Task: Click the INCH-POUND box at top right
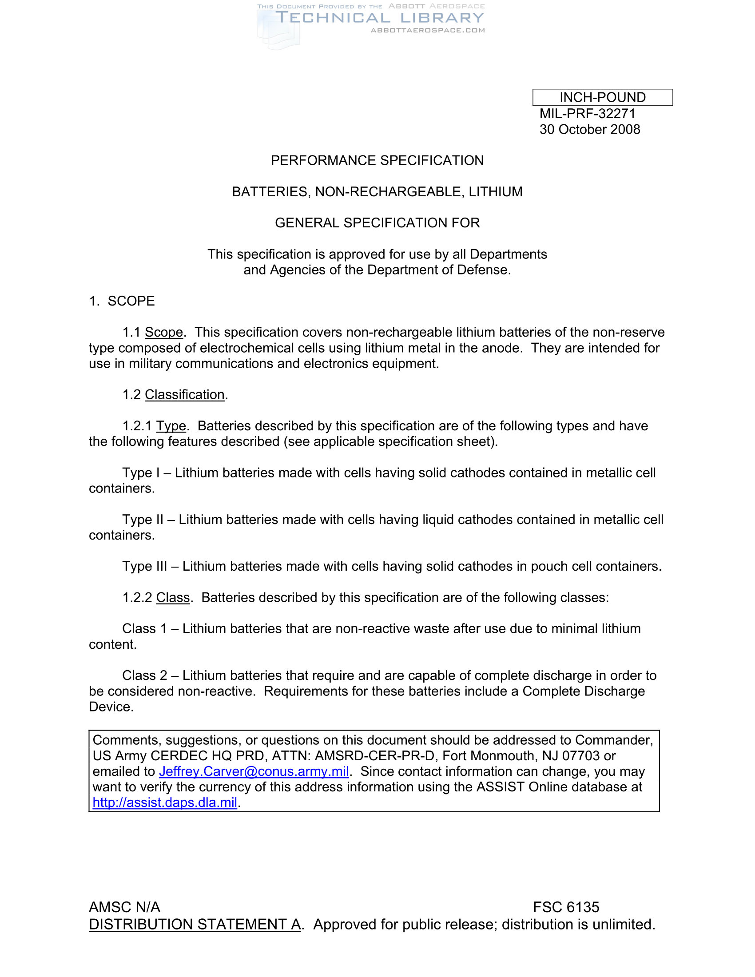pyautogui.click(x=602, y=97)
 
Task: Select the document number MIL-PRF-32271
pyautogui.click(x=587, y=114)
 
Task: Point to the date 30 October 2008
pyautogui.click(x=589, y=129)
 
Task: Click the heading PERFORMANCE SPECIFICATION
pyautogui.click(x=377, y=160)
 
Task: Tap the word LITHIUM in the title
pyautogui.click(x=495, y=191)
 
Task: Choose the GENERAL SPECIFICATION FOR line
pyautogui.click(x=377, y=223)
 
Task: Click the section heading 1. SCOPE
pyautogui.click(x=122, y=301)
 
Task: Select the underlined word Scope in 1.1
pyautogui.click(x=164, y=332)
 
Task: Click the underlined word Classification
pyautogui.click(x=184, y=394)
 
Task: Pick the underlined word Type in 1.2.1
pyautogui.click(x=171, y=426)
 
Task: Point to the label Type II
pyautogui.click(x=143, y=520)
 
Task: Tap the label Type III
pyautogui.click(x=144, y=566)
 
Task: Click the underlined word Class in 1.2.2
pyautogui.click(x=173, y=598)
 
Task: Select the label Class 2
pyautogui.click(x=144, y=675)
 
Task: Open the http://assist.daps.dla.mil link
pyautogui.click(x=165, y=802)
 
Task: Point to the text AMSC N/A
pyautogui.click(x=124, y=907)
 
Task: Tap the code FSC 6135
pyautogui.click(x=566, y=907)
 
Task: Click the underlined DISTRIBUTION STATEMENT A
pyautogui.click(x=195, y=924)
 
